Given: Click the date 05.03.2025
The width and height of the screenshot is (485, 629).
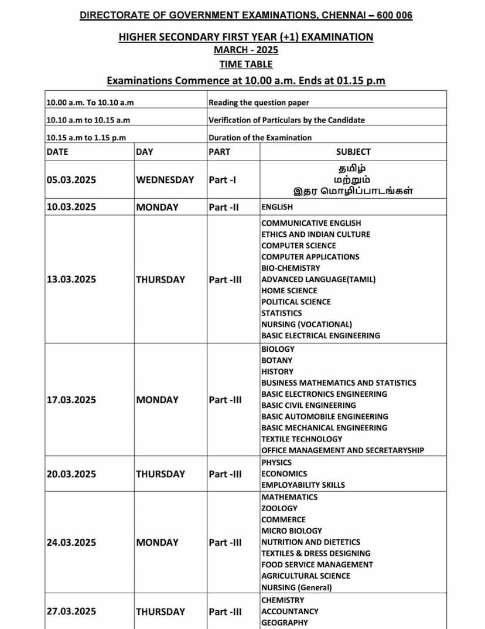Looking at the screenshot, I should tap(71, 180).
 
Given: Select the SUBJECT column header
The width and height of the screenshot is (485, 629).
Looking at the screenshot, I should tap(353, 152).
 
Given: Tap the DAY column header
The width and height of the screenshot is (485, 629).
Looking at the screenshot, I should tap(144, 152).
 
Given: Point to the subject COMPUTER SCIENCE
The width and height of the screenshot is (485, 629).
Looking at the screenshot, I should tap(299, 246).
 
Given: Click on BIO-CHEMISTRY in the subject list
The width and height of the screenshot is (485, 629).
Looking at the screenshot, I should tap(291, 268).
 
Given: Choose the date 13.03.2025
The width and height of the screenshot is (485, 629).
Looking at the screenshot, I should tap(71, 280).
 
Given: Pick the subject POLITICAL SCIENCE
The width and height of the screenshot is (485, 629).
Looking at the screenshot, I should tap(296, 302).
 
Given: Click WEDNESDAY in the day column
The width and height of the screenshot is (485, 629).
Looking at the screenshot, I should tap(165, 180).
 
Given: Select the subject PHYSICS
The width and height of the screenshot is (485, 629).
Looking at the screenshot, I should tap(276, 463).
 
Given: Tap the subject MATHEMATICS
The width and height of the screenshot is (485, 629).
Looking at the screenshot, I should tap(289, 497).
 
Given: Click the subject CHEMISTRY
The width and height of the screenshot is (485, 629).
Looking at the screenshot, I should tap(283, 600).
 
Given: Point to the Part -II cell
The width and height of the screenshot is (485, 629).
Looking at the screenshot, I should tap(224, 208).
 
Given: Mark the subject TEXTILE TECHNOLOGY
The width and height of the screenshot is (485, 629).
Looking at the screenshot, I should tap(302, 439).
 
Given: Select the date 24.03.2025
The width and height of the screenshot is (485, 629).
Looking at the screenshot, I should tap(71, 543).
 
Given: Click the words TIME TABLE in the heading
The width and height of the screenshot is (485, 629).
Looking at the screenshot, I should tap(246, 64).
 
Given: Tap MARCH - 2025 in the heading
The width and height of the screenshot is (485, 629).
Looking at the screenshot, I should tap(246, 50).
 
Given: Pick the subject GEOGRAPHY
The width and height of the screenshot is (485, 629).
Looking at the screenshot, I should tap(284, 623).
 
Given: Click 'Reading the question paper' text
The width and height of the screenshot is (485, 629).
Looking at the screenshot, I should tap(259, 103).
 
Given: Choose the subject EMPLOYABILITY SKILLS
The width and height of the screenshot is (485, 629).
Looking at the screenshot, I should tap(303, 485).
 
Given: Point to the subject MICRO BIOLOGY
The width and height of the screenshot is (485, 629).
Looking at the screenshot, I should tap(292, 531).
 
